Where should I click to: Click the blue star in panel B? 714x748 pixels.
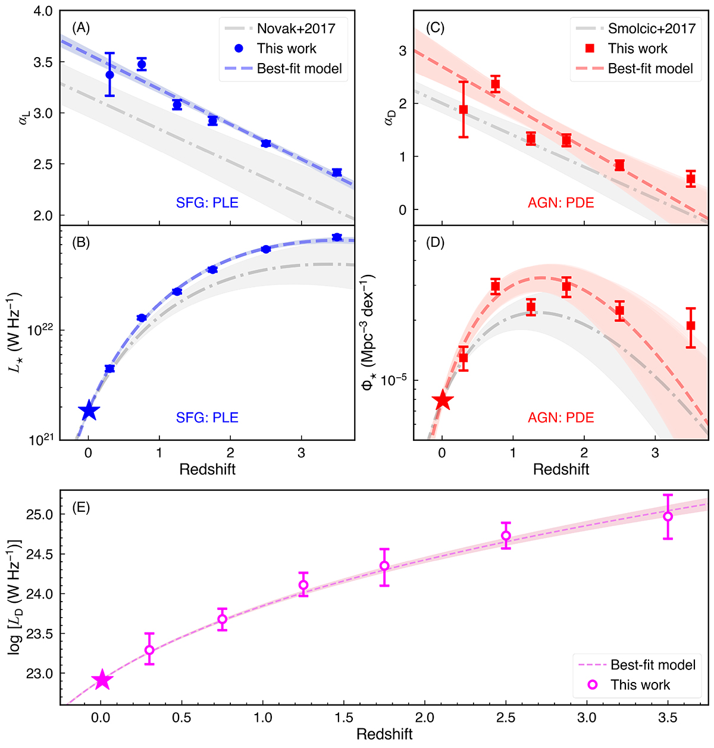coord(89,410)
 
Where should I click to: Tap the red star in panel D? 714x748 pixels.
coord(442,400)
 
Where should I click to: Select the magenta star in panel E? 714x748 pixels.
coord(102,679)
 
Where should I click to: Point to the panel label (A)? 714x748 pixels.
coord(80,27)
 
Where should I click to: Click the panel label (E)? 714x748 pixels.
coord(80,508)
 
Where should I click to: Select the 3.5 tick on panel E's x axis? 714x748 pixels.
coord(668,718)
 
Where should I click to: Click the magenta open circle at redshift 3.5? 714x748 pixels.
coord(668,517)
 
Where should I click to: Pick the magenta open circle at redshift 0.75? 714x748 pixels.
coord(222,619)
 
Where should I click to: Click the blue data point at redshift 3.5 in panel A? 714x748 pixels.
coord(337,173)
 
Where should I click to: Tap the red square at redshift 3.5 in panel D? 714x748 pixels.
coord(691,326)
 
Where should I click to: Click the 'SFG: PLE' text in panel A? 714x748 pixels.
coord(207,203)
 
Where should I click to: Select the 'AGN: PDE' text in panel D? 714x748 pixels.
coord(561,418)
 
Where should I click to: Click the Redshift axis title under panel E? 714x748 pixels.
coord(384,734)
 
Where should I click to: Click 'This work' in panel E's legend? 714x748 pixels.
coord(640,685)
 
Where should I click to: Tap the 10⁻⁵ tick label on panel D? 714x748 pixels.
coord(393,380)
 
